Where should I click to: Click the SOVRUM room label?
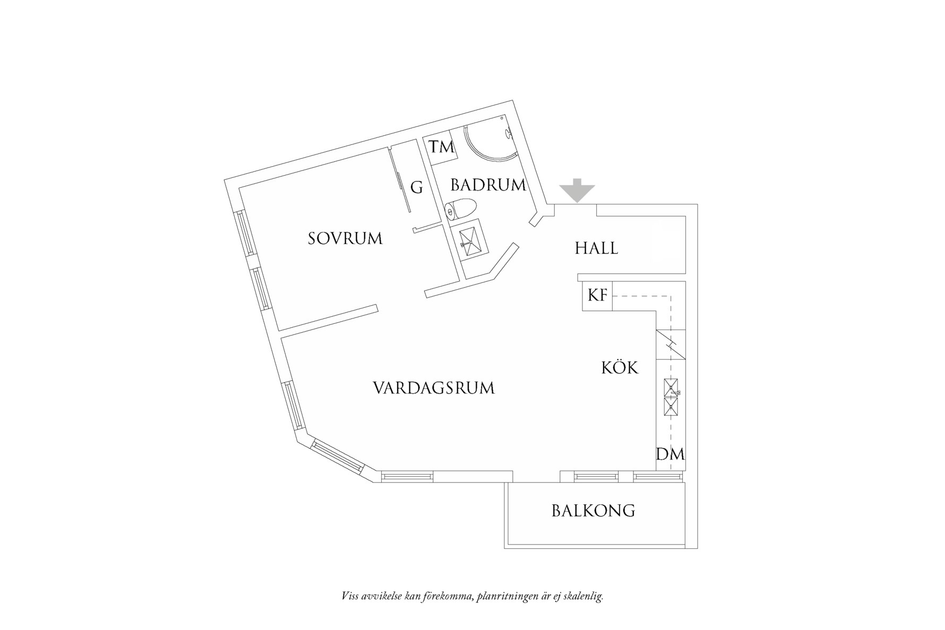[x=345, y=238]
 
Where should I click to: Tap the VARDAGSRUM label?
[x=433, y=388]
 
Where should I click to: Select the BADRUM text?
[x=488, y=185]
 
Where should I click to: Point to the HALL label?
[x=596, y=248]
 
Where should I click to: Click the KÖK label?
[x=620, y=367]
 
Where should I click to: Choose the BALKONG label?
[x=593, y=511]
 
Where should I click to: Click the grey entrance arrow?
[x=577, y=190]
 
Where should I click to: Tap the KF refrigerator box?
[x=597, y=295]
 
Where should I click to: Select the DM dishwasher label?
[x=670, y=454]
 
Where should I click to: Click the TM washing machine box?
[x=442, y=147]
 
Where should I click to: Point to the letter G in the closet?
[x=417, y=187]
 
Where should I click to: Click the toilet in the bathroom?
[x=460, y=209]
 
